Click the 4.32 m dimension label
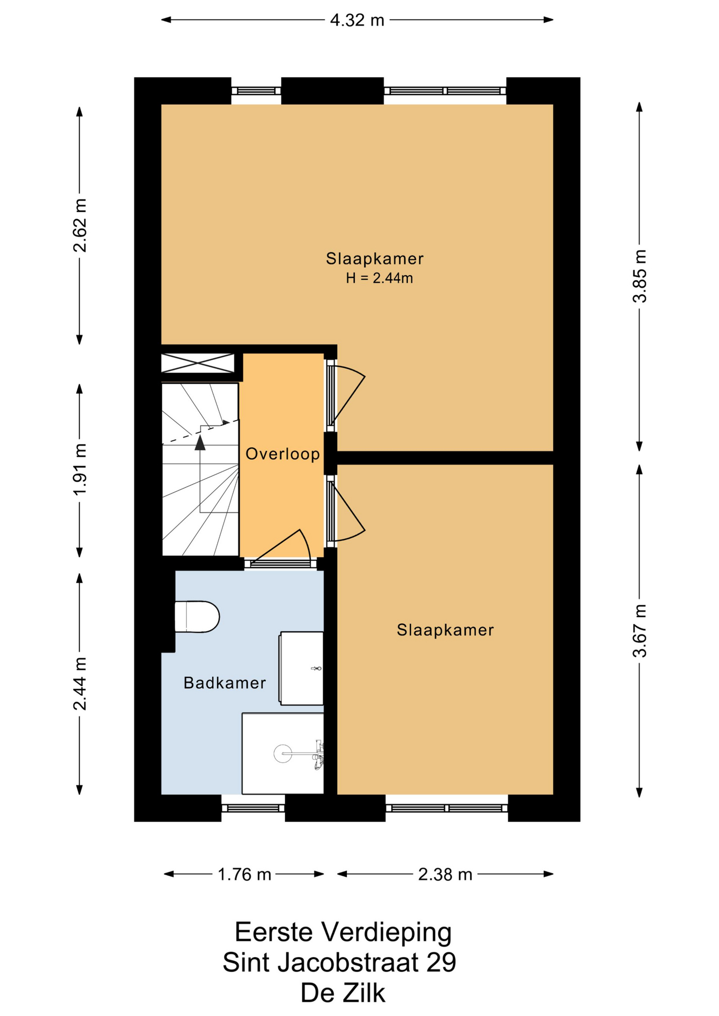pos(357,20)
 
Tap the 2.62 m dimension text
pos(80,225)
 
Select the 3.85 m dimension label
pos(640,276)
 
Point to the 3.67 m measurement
pos(640,630)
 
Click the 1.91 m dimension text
pos(80,470)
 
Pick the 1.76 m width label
pos(244,874)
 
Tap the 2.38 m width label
pos(445,874)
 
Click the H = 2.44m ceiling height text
pos(379,278)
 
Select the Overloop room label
pos(283,453)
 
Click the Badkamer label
pos(224,683)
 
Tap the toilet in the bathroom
pos(197,616)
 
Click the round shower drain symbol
pos(283,753)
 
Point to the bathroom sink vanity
pos(301,668)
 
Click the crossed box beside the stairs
pos(197,363)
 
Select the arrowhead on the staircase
pos(200,442)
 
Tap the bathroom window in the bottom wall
pos(253,808)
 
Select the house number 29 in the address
pos(441,963)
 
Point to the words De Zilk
pos(343,993)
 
